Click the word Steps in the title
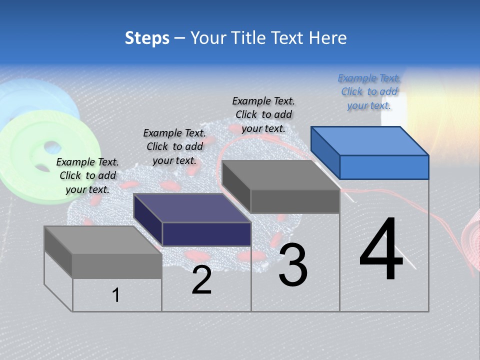tap(147, 38)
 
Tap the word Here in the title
tap(327, 38)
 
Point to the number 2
tap(202, 280)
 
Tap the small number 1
tap(116, 295)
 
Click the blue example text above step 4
tap(369, 92)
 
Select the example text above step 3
tap(263, 114)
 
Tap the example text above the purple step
tap(174, 146)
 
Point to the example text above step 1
tap(87, 175)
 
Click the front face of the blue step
tap(384, 167)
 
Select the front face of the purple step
tap(206, 234)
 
